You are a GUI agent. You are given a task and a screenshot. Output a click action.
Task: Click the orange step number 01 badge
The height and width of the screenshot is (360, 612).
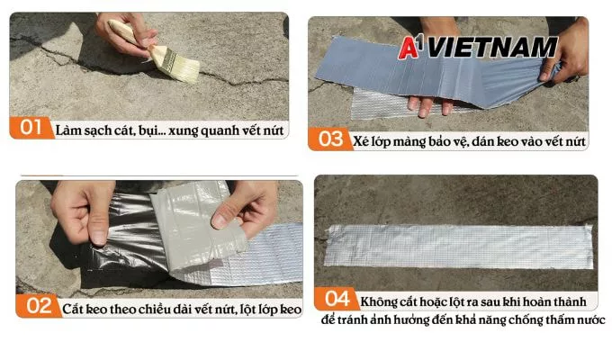coord(31,128)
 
